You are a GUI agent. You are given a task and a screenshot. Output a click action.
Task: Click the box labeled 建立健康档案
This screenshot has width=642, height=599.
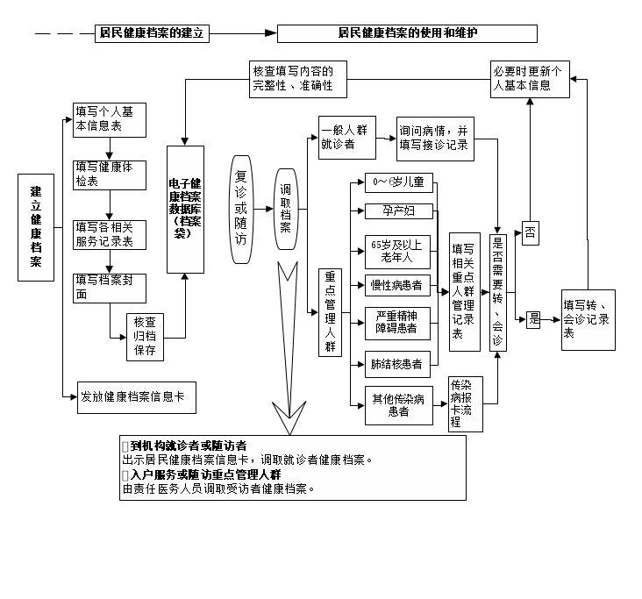pos(35,226)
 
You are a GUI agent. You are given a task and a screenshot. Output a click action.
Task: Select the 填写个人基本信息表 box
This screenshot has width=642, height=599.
pos(103,119)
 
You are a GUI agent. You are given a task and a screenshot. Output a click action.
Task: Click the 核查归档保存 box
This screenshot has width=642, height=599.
pos(145,335)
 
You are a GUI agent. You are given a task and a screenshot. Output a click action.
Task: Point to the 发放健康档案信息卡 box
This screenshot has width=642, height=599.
pos(131,397)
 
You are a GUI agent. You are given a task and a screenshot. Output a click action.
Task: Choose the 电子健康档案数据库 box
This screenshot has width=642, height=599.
pos(185,209)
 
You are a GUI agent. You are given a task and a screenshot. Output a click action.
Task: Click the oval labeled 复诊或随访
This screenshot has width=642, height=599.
pos(241,209)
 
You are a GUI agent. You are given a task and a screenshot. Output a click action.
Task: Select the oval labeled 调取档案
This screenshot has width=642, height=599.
pos(286,209)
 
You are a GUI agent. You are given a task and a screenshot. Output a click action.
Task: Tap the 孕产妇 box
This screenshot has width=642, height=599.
pos(397,211)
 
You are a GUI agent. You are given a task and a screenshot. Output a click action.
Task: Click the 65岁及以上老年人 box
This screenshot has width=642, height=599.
pos(397,252)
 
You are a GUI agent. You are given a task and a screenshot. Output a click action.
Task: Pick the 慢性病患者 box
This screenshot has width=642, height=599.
pos(397,285)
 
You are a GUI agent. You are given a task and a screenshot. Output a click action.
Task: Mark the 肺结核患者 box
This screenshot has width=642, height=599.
pos(397,362)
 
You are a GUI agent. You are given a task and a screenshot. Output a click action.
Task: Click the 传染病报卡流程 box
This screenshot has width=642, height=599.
pos(465,403)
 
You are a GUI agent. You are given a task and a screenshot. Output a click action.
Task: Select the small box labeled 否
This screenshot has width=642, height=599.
pos(531,232)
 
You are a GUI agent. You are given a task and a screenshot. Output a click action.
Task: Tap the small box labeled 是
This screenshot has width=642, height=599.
pos(533,320)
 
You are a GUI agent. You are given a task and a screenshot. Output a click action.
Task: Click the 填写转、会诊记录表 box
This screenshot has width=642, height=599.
pos(588,312)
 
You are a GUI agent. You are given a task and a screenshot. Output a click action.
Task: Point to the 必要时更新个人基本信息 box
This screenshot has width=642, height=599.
pos(530,78)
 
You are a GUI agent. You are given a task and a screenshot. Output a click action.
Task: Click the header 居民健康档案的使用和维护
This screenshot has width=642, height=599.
pos(407,33)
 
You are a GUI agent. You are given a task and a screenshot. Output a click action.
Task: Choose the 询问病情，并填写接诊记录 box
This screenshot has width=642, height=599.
pos(435,138)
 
